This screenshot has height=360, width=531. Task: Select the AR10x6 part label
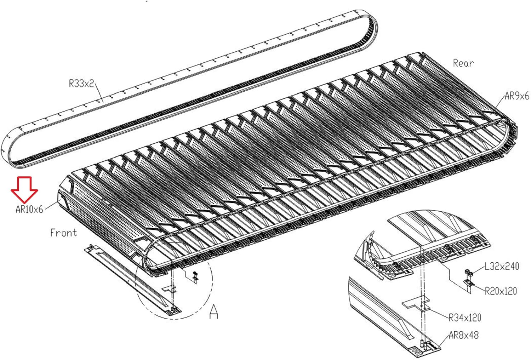(x=29, y=209)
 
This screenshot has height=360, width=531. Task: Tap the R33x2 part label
(x=81, y=84)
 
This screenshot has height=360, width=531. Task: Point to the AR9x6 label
(x=517, y=96)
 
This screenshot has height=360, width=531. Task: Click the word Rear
(x=463, y=63)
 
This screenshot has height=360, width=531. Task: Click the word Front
(x=63, y=233)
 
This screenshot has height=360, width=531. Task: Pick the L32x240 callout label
(x=502, y=267)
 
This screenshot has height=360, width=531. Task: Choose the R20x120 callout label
(x=501, y=291)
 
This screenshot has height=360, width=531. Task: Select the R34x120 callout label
(x=465, y=318)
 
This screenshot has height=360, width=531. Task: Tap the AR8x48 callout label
(x=464, y=335)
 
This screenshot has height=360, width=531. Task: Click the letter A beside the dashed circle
(x=214, y=312)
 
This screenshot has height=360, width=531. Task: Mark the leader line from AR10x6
(x=52, y=205)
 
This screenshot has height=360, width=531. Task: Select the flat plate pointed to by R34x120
(x=416, y=304)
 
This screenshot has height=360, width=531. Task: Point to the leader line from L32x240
(x=478, y=270)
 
